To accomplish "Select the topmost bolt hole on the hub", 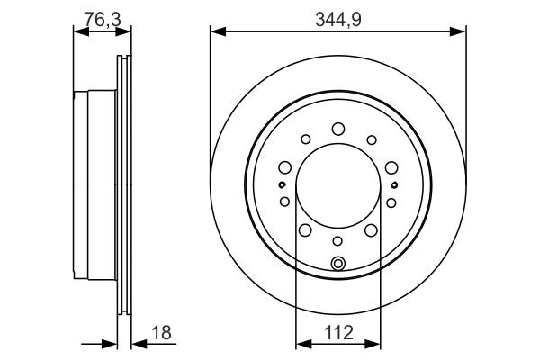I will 338,130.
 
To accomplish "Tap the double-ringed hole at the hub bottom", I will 338,263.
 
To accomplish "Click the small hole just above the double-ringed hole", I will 338,241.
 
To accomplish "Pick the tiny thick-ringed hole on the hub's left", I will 283,185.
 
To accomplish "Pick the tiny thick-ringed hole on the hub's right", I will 394,185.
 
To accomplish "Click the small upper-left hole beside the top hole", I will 305,139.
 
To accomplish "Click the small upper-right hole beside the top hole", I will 372,139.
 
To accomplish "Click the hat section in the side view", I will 94,185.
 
